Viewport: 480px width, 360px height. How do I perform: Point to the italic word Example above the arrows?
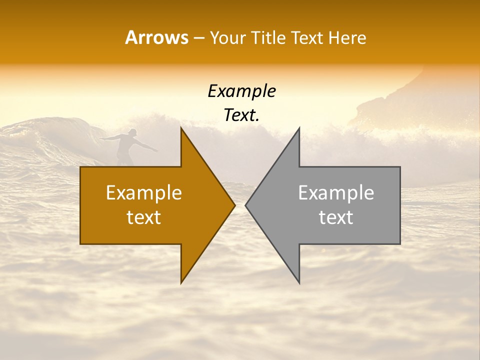[241, 91]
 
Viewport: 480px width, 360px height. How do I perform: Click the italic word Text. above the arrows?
[241, 115]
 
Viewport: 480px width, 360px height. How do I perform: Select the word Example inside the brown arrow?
[144, 192]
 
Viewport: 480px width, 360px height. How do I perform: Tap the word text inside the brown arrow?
[144, 217]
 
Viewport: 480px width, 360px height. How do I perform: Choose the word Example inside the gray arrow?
[336, 192]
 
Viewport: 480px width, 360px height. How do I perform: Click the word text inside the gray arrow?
[336, 217]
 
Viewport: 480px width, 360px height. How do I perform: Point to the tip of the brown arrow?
[234, 205]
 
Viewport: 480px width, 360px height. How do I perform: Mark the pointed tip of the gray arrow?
[246, 205]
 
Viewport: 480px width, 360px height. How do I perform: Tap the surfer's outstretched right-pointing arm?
[147, 146]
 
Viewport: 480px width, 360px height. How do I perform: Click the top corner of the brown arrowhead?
[181, 128]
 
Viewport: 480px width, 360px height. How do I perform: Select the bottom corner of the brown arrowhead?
[181, 282]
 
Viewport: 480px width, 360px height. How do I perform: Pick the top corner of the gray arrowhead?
[299, 128]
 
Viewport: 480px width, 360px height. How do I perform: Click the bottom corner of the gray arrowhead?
[299, 282]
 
